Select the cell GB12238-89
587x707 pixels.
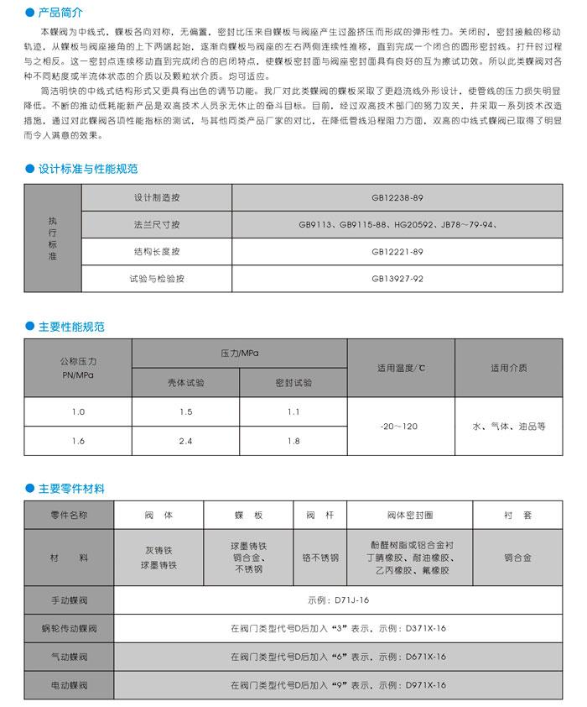(x=397, y=198)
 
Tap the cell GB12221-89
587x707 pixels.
(x=397, y=251)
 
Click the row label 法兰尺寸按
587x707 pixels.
(x=156, y=225)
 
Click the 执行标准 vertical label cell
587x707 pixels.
(x=53, y=238)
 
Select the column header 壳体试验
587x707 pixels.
(x=185, y=382)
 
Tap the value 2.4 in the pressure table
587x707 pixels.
(x=185, y=440)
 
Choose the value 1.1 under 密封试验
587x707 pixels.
(x=293, y=411)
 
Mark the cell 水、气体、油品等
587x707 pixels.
(x=509, y=427)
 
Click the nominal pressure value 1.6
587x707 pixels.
(x=78, y=440)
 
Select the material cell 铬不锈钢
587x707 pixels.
(x=320, y=558)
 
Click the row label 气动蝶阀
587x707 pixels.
(x=70, y=657)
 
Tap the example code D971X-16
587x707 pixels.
(x=426, y=685)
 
